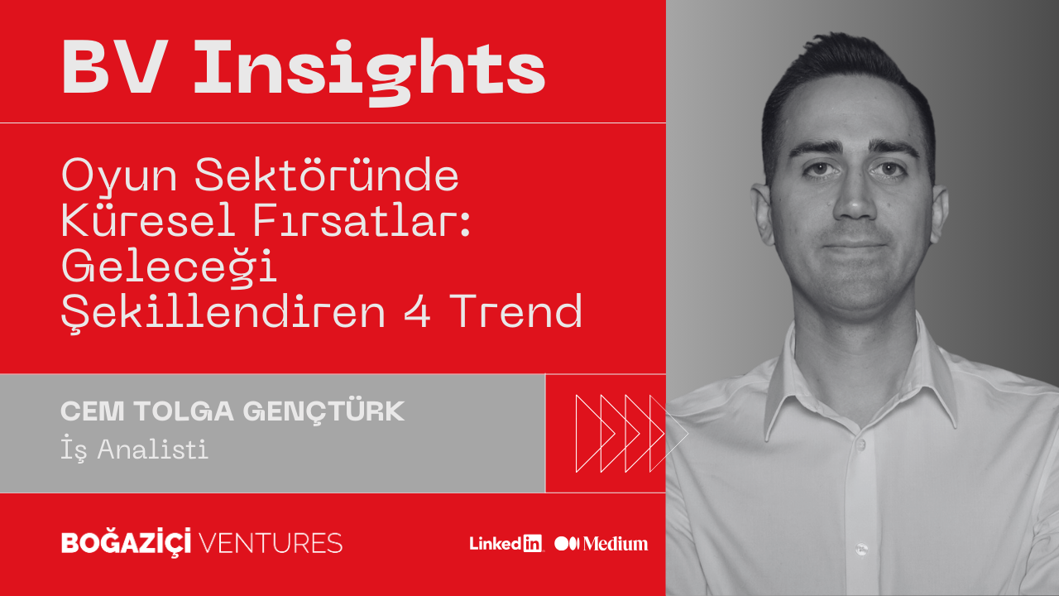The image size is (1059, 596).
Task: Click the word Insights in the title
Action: (370, 72)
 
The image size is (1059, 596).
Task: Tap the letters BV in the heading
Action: (115, 67)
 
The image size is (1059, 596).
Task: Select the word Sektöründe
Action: (327, 174)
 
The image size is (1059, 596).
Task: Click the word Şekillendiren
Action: (223, 313)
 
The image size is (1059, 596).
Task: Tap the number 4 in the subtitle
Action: (418, 310)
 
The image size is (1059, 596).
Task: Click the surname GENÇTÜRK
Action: (323, 412)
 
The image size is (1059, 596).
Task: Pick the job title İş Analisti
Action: (134, 449)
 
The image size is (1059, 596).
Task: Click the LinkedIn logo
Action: (506, 544)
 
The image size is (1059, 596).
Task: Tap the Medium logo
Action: (601, 544)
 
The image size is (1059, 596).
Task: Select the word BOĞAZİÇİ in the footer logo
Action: (127, 542)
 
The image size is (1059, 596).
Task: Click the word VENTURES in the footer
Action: (271, 543)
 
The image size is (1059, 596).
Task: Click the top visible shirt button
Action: (861, 445)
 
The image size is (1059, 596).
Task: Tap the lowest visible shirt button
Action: (861, 550)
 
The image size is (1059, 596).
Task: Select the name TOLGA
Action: (184, 411)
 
